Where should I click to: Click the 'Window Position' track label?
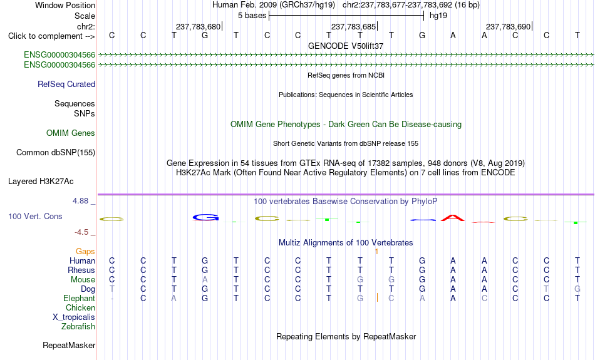pyautogui.click(x=65, y=5)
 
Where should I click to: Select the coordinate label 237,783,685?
pyautogui.click(x=353, y=26)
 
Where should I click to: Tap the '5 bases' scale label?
pyautogui.click(x=252, y=16)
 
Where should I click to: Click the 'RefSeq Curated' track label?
pyautogui.click(x=66, y=85)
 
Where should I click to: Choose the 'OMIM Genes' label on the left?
pyautogui.click(x=71, y=133)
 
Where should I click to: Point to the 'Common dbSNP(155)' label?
pyautogui.click(x=56, y=153)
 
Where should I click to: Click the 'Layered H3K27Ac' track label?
pyautogui.click(x=41, y=182)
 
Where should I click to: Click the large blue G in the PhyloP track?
pyautogui.click(x=205, y=217)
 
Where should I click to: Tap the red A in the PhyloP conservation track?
pyautogui.click(x=453, y=218)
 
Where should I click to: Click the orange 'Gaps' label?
pyautogui.click(x=85, y=252)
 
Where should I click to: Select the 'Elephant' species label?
pyautogui.click(x=80, y=299)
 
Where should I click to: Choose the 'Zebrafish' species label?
pyautogui.click(x=78, y=327)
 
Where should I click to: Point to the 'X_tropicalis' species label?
pyautogui.click(x=74, y=317)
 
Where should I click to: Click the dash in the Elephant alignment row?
pyautogui.click(x=112, y=299)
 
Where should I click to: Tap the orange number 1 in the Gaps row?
pyautogui.click(x=376, y=252)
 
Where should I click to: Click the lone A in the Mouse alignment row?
pyautogui.click(x=205, y=280)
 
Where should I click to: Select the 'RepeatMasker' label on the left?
pyautogui.click(x=69, y=345)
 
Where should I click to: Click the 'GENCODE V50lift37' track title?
pyautogui.click(x=346, y=46)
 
